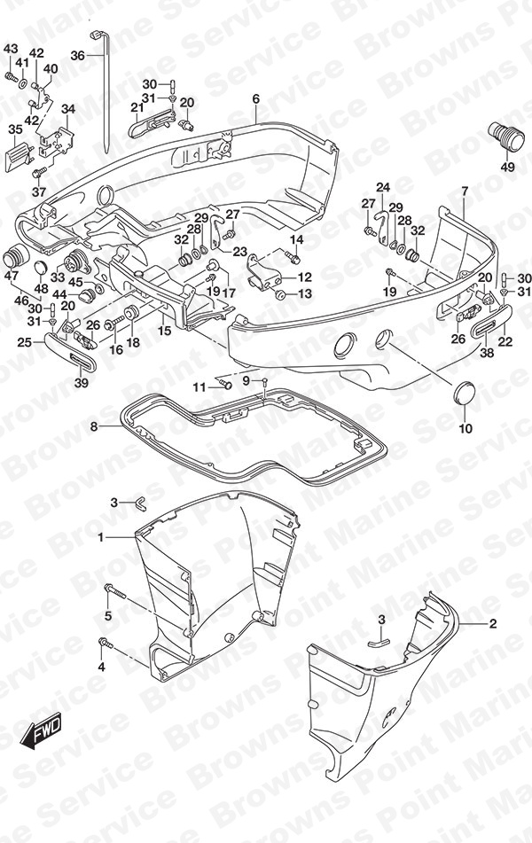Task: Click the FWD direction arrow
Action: tap(42, 731)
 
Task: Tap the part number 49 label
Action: tap(507, 168)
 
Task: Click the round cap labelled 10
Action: tap(465, 394)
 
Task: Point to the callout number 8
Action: tap(94, 427)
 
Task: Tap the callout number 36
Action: tap(77, 55)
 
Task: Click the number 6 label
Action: tap(255, 98)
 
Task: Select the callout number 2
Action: tap(492, 624)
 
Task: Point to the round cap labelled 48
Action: tap(40, 267)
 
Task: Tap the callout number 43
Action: tap(11, 49)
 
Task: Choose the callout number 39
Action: tap(82, 383)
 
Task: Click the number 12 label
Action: tap(304, 277)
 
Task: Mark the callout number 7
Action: tap(465, 191)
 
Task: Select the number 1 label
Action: tap(100, 537)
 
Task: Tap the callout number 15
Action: tap(165, 330)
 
